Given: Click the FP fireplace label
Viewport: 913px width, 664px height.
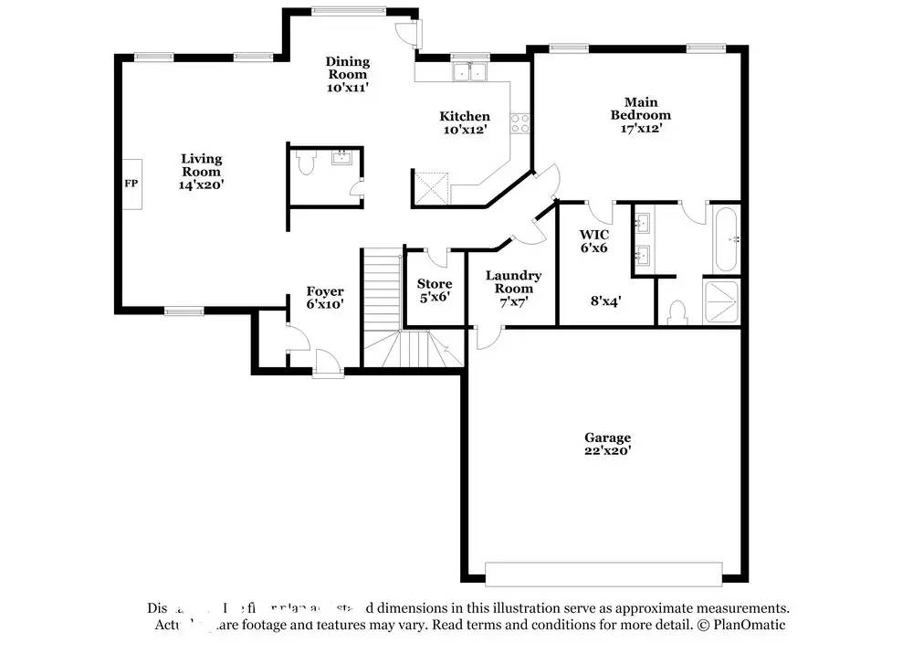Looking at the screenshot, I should (x=131, y=184).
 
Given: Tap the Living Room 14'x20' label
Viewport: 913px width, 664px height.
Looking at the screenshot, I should (x=201, y=172).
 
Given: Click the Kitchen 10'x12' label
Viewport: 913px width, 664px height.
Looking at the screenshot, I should (x=465, y=122).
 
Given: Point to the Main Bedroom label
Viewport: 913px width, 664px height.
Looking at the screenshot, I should (x=640, y=115).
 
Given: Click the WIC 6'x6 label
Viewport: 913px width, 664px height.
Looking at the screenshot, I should (x=593, y=240).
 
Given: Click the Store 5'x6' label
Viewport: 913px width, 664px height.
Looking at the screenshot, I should (x=434, y=290).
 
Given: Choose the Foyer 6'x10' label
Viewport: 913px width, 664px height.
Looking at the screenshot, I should (x=325, y=298).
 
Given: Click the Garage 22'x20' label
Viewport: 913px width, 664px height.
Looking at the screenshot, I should (x=608, y=444).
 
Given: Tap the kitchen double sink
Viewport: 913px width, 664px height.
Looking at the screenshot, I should (x=471, y=72).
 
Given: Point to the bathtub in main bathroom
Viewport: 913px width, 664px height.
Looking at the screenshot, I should (x=726, y=240).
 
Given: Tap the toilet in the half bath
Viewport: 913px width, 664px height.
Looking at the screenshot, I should (x=306, y=163).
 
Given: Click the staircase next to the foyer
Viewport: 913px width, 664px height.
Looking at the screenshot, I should (x=382, y=292).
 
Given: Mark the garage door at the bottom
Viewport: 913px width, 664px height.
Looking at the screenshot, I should (x=603, y=574).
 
